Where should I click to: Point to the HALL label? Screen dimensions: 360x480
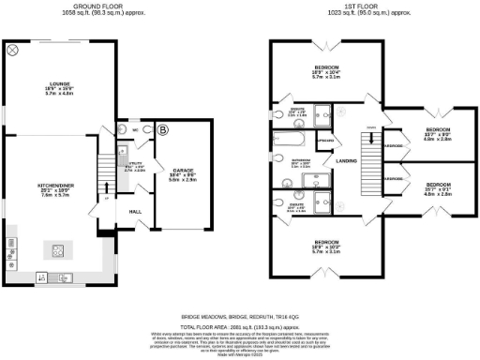tap(134, 212)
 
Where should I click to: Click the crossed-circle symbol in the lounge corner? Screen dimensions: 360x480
tap(12, 52)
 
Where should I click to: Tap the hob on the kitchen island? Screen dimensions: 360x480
tap(58, 249)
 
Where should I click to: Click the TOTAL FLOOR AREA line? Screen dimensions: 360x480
tap(241, 325)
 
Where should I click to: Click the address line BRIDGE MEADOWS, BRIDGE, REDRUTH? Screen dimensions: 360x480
tap(241, 317)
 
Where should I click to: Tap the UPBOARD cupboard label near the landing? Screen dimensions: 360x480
tap(326, 142)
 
